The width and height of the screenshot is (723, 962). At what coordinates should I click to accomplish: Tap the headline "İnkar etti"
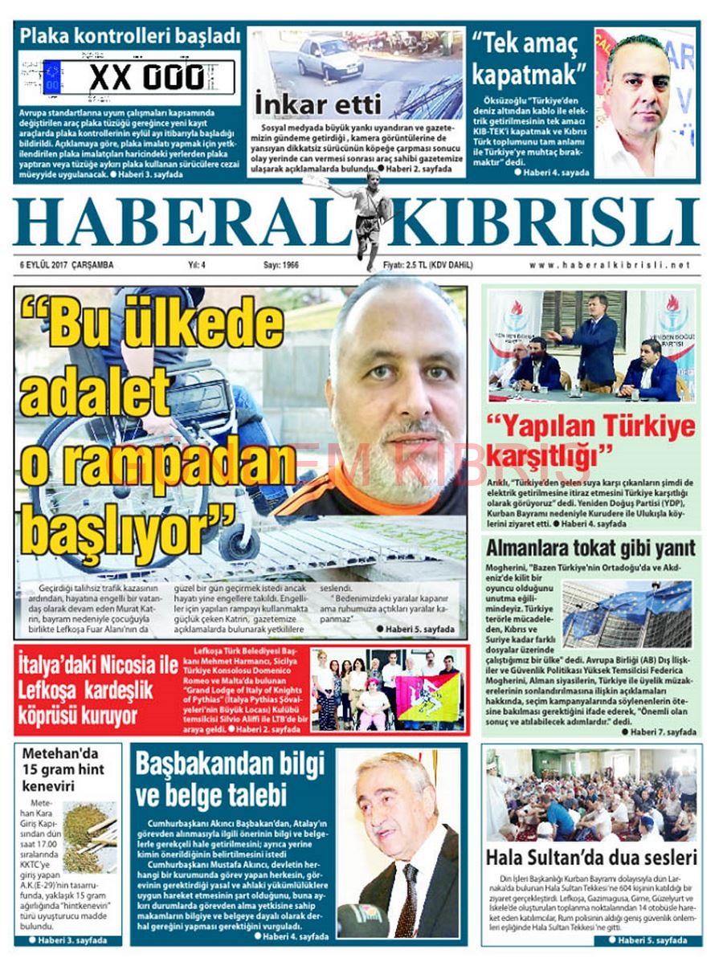[305, 104]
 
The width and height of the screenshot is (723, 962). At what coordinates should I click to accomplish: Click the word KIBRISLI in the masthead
[546, 221]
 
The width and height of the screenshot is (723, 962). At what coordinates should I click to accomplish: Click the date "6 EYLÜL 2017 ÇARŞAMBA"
[67, 265]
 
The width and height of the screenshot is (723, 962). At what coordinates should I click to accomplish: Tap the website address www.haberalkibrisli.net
[610, 265]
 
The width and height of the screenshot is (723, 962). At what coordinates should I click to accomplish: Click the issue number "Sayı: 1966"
[281, 265]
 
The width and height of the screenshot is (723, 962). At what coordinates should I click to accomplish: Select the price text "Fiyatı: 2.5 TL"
[406, 265]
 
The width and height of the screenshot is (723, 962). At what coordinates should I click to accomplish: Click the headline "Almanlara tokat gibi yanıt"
[590, 548]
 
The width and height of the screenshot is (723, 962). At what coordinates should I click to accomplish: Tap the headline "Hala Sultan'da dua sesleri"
[591, 857]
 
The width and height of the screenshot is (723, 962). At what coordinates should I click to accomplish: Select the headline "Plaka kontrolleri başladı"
[130, 36]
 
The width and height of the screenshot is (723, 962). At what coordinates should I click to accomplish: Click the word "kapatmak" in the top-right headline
[525, 74]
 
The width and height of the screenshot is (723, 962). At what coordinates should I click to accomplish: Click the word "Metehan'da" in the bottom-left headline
[60, 754]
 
